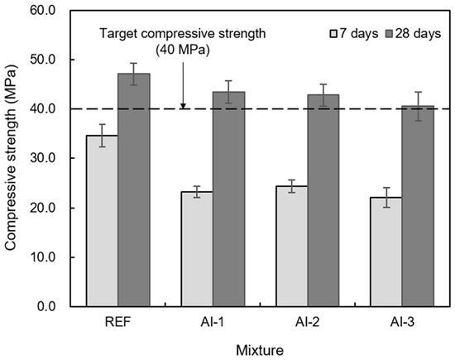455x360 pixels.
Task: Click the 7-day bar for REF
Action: pos(102,221)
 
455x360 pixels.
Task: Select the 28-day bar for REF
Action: pos(134,190)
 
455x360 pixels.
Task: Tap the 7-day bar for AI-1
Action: pos(197,249)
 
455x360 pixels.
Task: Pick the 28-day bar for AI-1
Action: pos(228,199)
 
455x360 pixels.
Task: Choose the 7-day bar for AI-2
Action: pos(292,247)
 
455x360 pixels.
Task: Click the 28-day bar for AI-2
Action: pos(323,200)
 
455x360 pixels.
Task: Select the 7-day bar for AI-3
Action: pos(386,252)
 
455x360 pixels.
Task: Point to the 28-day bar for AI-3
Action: pos(418,206)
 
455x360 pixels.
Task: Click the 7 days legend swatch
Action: pos(333,34)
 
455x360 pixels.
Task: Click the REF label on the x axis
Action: pos(117,322)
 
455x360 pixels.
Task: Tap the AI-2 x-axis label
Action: pos(308,322)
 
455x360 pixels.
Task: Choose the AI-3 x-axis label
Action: pos(402,322)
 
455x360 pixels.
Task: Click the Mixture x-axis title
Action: pos(260,350)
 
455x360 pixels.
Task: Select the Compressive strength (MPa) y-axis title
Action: pos(11,158)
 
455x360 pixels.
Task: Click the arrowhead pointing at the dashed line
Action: pos(183,106)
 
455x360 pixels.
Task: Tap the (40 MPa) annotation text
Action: pos(183,50)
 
